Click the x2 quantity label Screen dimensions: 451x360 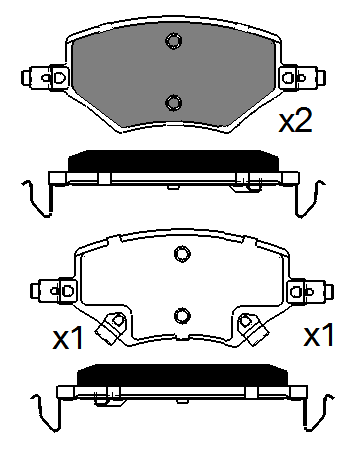click(295, 121)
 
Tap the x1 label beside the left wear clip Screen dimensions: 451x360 click(67, 338)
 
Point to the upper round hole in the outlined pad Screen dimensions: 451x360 click(181, 253)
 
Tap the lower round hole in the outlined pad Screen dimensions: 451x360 click(181, 315)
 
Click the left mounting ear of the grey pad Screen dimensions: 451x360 click(46, 76)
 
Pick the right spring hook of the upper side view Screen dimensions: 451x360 click(310, 197)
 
